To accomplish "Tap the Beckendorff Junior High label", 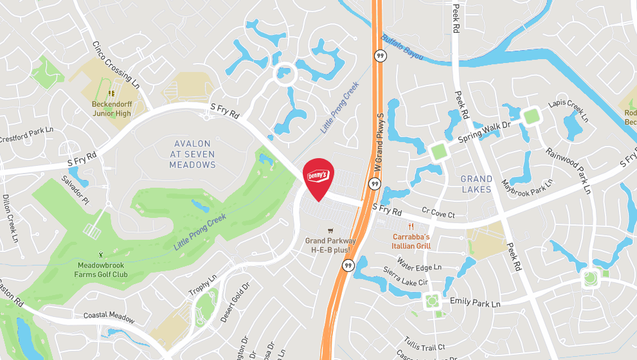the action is (x=111, y=109).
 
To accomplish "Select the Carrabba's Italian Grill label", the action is (x=411, y=241).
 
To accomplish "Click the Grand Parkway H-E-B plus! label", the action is (x=330, y=245).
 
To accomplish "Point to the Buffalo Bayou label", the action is (x=402, y=48).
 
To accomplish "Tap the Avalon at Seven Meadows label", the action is (x=192, y=154).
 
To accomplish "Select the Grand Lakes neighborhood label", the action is (x=476, y=184).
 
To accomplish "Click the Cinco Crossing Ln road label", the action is (x=116, y=64).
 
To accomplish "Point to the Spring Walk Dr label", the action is (x=484, y=132).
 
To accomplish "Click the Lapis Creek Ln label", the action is (x=568, y=111).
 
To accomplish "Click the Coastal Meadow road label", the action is (x=109, y=317).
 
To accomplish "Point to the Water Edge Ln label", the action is (x=419, y=264).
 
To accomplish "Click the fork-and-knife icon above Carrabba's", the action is (x=411, y=226).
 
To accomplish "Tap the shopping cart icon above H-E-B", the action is (x=330, y=230).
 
